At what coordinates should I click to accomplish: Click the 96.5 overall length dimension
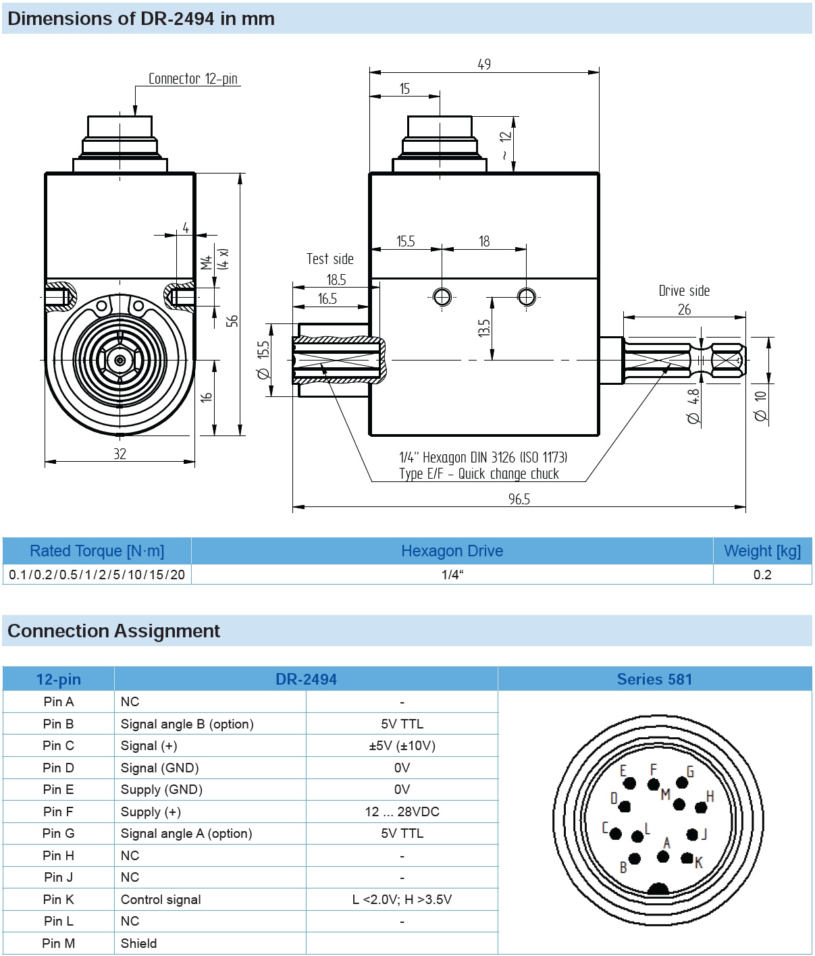pos(519,499)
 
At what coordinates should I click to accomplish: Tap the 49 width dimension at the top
pos(484,64)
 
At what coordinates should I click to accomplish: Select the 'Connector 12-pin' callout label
pos(193,79)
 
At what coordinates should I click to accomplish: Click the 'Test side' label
pos(330,259)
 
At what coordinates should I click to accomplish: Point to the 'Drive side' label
pos(684,290)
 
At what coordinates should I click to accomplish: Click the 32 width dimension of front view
pos(120,454)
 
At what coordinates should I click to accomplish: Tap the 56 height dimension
pos(232,321)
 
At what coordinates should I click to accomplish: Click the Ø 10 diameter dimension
pos(761,406)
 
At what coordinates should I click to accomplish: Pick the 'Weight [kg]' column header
pos(762,551)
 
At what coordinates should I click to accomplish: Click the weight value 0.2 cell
pos(762,575)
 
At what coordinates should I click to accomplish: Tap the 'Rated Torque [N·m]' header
pos(97,551)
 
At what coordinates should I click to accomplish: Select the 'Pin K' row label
pos(59,899)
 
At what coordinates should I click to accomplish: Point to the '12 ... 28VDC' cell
pos(402,812)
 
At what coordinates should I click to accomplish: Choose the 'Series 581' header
pos(654,679)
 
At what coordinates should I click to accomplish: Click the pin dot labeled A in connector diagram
pos(663,857)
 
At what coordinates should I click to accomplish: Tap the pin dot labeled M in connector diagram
pos(679,804)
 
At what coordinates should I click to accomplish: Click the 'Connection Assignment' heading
pos(113,631)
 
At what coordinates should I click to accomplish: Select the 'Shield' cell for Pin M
pos(138,943)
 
